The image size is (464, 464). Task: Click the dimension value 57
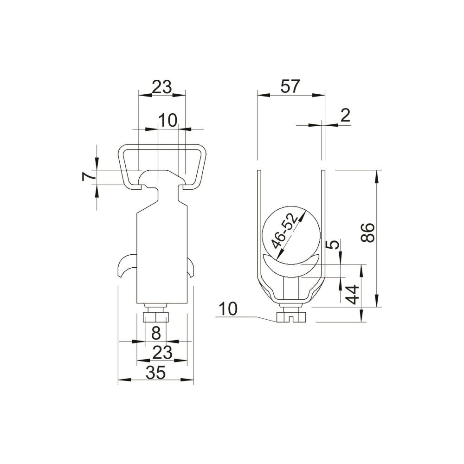point(290,86)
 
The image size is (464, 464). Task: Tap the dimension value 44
point(353,295)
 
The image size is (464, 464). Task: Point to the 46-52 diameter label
point(284,231)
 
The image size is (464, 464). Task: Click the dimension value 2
point(345,116)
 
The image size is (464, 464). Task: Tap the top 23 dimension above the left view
point(162,87)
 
